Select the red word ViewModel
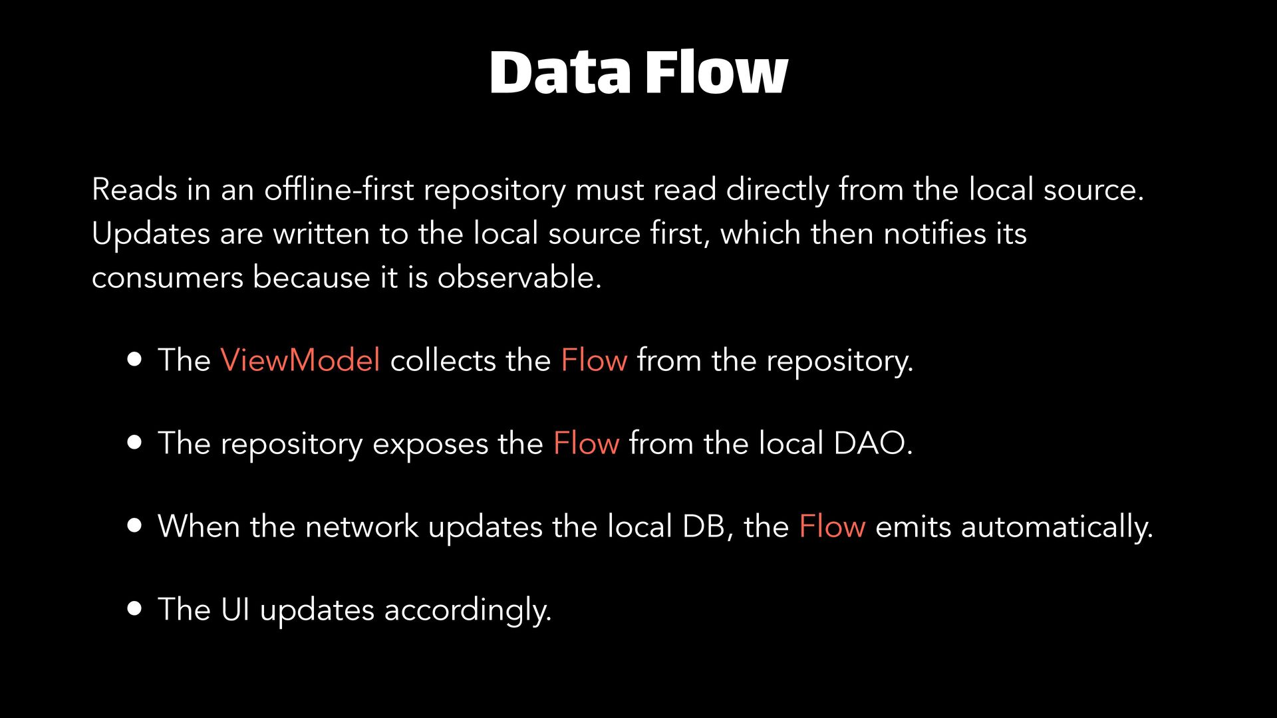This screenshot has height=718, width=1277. [x=300, y=360]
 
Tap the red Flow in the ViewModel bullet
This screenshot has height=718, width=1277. [x=594, y=360]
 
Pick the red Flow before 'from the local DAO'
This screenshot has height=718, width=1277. [x=586, y=443]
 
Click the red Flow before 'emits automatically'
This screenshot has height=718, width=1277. [x=832, y=527]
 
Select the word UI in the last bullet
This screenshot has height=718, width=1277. [x=235, y=610]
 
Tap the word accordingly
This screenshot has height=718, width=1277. [x=468, y=610]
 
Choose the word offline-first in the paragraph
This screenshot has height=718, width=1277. [x=339, y=189]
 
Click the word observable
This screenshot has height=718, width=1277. [x=519, y=277]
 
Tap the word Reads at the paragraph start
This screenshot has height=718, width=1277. [x=134, y=189]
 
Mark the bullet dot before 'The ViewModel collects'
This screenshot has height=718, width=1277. [x=135, y=360]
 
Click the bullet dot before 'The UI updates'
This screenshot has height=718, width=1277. [x=135, y=609]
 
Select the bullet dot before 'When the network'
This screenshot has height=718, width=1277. [x=135, y=526]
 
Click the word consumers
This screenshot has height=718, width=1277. [x=168, y=278]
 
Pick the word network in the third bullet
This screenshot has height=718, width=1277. [x=361, y=527]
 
